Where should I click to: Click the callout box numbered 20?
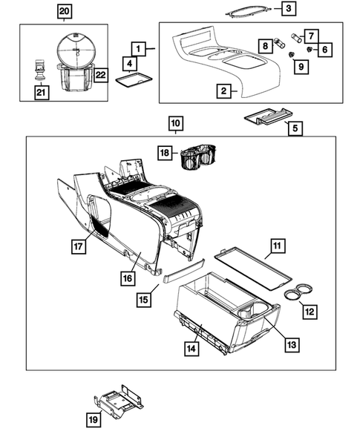point(65,12)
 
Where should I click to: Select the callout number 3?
point(289,8)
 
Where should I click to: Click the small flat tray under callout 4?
point(134,80)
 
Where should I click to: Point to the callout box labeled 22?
point(101,75)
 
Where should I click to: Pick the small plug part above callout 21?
point(41,69)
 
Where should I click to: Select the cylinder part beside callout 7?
point(296,38)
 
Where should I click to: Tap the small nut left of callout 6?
point(310,50)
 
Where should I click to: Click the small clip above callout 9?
point(292,54)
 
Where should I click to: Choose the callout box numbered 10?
point(176,123)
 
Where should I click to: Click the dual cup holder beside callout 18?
point(198,157)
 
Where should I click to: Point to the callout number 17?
point(79,246)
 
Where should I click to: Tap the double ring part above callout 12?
point(298,292)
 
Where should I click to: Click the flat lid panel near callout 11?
point(253,269)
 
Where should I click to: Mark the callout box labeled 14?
point(192,349)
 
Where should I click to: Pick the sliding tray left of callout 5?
point(269,116)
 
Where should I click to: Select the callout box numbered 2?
point(224,91)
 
